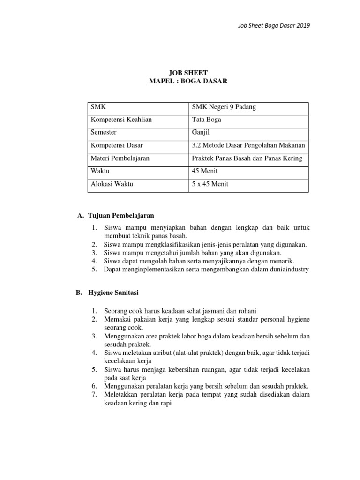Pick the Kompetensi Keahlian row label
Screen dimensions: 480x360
click(x=121, y=120)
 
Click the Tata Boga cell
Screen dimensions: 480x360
click(x=207, y=120)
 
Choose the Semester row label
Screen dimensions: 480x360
click(x=104, y=133)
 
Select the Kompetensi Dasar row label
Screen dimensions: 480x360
click(x=117, y=146)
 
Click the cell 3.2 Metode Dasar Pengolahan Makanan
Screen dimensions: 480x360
click(x=248, y=146)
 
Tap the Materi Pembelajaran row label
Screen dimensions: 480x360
click(x=120, y=158)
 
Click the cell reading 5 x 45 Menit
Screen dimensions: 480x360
click(x=210, y=184)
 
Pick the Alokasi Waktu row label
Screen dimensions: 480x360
click(x=112, y=184)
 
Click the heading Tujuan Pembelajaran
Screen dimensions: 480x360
click(x=121, y=216)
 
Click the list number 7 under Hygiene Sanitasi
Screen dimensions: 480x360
click(x=94, y=394)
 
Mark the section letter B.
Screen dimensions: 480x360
click(x=79, y=292)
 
